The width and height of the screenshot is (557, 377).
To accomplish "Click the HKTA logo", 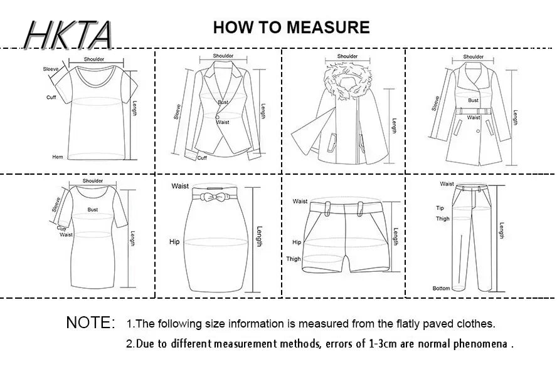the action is (x=68, y=34).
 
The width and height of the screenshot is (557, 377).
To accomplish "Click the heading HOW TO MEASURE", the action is (x=291, y=28).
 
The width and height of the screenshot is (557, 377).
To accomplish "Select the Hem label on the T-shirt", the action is (x=58, y=157).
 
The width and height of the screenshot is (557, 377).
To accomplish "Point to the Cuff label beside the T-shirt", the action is (x=51, y=97).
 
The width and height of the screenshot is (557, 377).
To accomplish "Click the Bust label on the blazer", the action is (x=223, y=102).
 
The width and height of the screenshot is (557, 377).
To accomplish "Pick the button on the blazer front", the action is (x=217, y=117).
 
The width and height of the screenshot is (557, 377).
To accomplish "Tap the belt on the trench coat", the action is (x=473, y=111).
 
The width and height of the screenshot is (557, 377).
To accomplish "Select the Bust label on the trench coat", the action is (x=473, y=100).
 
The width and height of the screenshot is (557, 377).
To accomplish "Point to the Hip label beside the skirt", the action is (x=174, y=242).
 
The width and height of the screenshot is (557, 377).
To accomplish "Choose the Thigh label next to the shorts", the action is (x=294, y=259).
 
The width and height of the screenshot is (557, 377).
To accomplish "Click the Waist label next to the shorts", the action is (x=300, y=202).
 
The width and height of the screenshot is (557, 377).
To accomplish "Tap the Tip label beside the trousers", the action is (x=440, y=208).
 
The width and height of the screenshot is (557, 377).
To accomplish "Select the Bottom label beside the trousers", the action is (x=441, y=288).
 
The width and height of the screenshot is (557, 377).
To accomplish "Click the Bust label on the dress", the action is (x=93, y=210).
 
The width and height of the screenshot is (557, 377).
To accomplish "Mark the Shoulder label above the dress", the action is (x=93, y=181).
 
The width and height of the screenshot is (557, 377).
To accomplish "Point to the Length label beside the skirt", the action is (x=259, y=237).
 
